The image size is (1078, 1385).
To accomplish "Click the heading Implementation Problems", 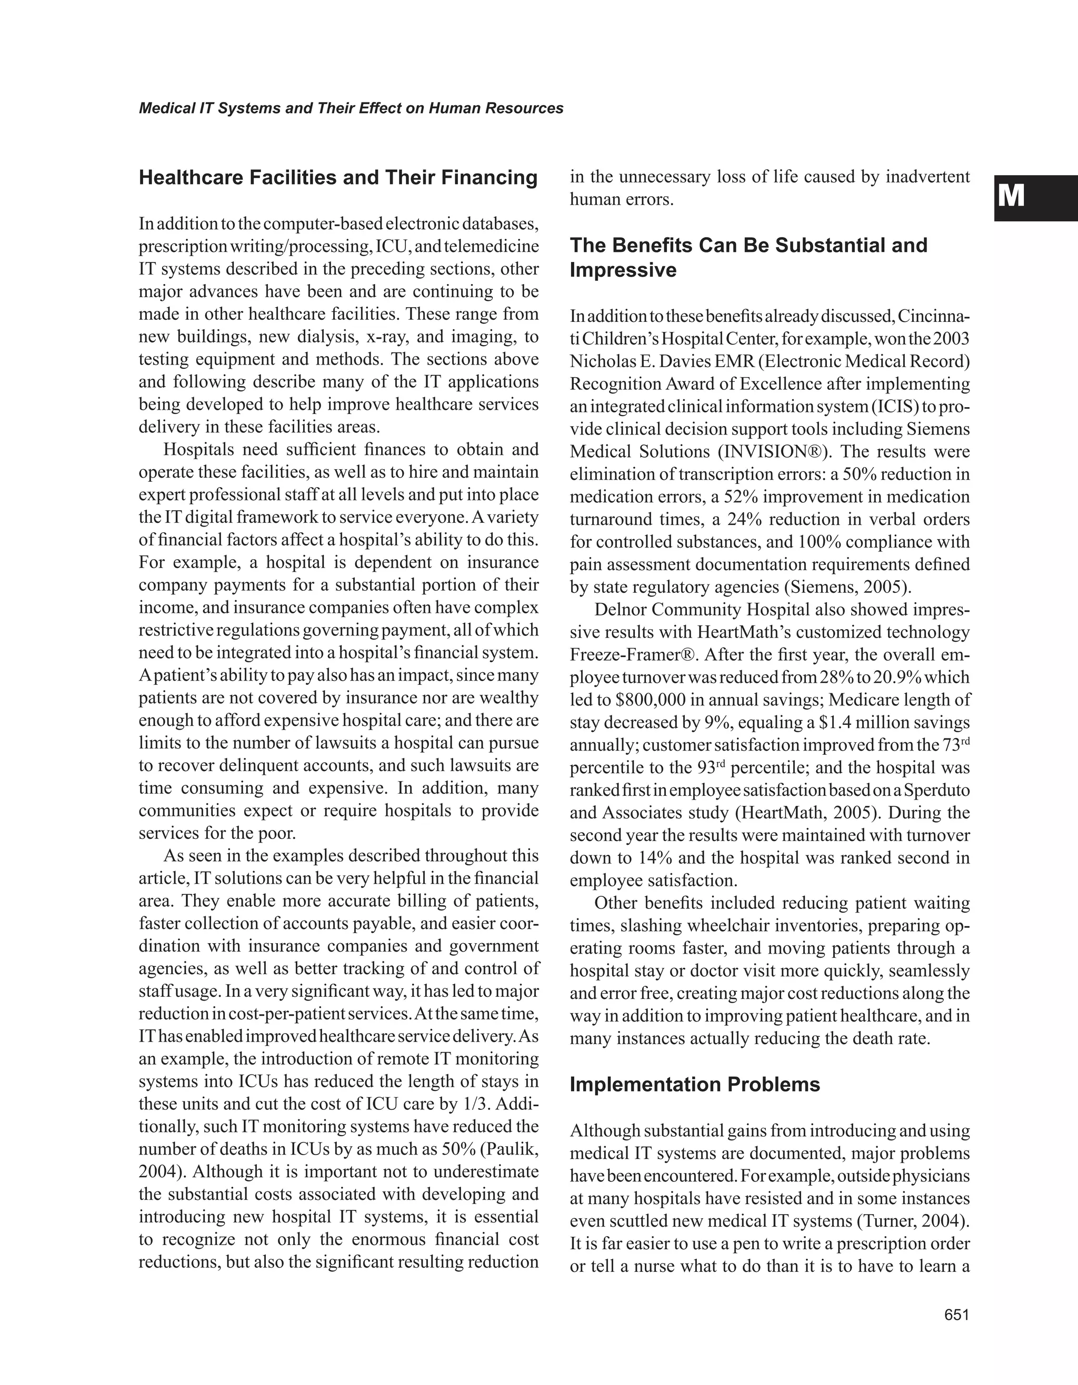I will click(694, 1085).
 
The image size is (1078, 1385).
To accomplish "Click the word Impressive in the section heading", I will click(623, 270).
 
